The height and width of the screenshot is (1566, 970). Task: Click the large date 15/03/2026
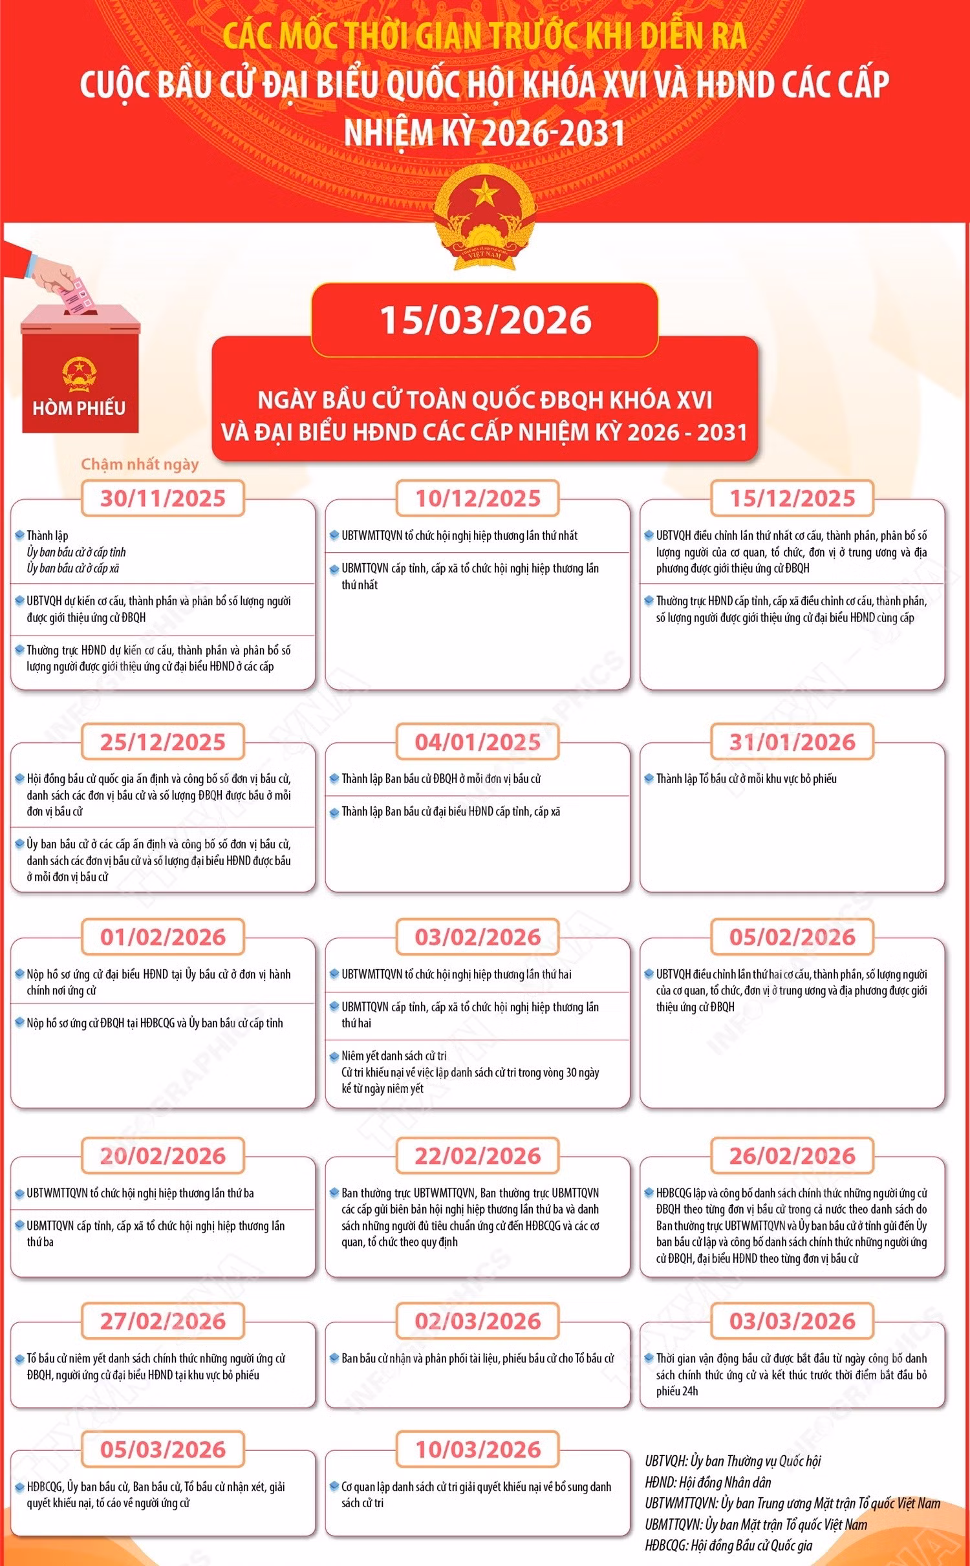coord(485,320)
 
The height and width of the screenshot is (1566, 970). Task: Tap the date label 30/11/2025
coord(163,499)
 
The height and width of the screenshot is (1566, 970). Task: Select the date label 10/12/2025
coord(478,499)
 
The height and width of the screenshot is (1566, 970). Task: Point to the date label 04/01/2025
coord(478,742)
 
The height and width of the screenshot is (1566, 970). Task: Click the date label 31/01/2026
coord(792,742)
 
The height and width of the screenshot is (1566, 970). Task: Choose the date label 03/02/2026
coord(478,937)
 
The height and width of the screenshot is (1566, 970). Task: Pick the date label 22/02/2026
coord(478,1155)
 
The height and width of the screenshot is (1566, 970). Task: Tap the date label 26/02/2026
coord(792,1155)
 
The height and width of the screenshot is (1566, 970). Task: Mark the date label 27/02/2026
coord(163,1321)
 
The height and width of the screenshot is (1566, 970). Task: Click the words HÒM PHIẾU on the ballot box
coord(79,408)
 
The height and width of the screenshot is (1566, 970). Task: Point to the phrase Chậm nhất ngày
coord(140,464)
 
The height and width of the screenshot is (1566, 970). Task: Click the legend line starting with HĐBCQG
coord(728,1545)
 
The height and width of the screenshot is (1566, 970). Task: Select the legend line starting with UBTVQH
coord(733,1461)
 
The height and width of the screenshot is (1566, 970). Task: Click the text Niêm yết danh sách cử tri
coord(394,1056)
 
